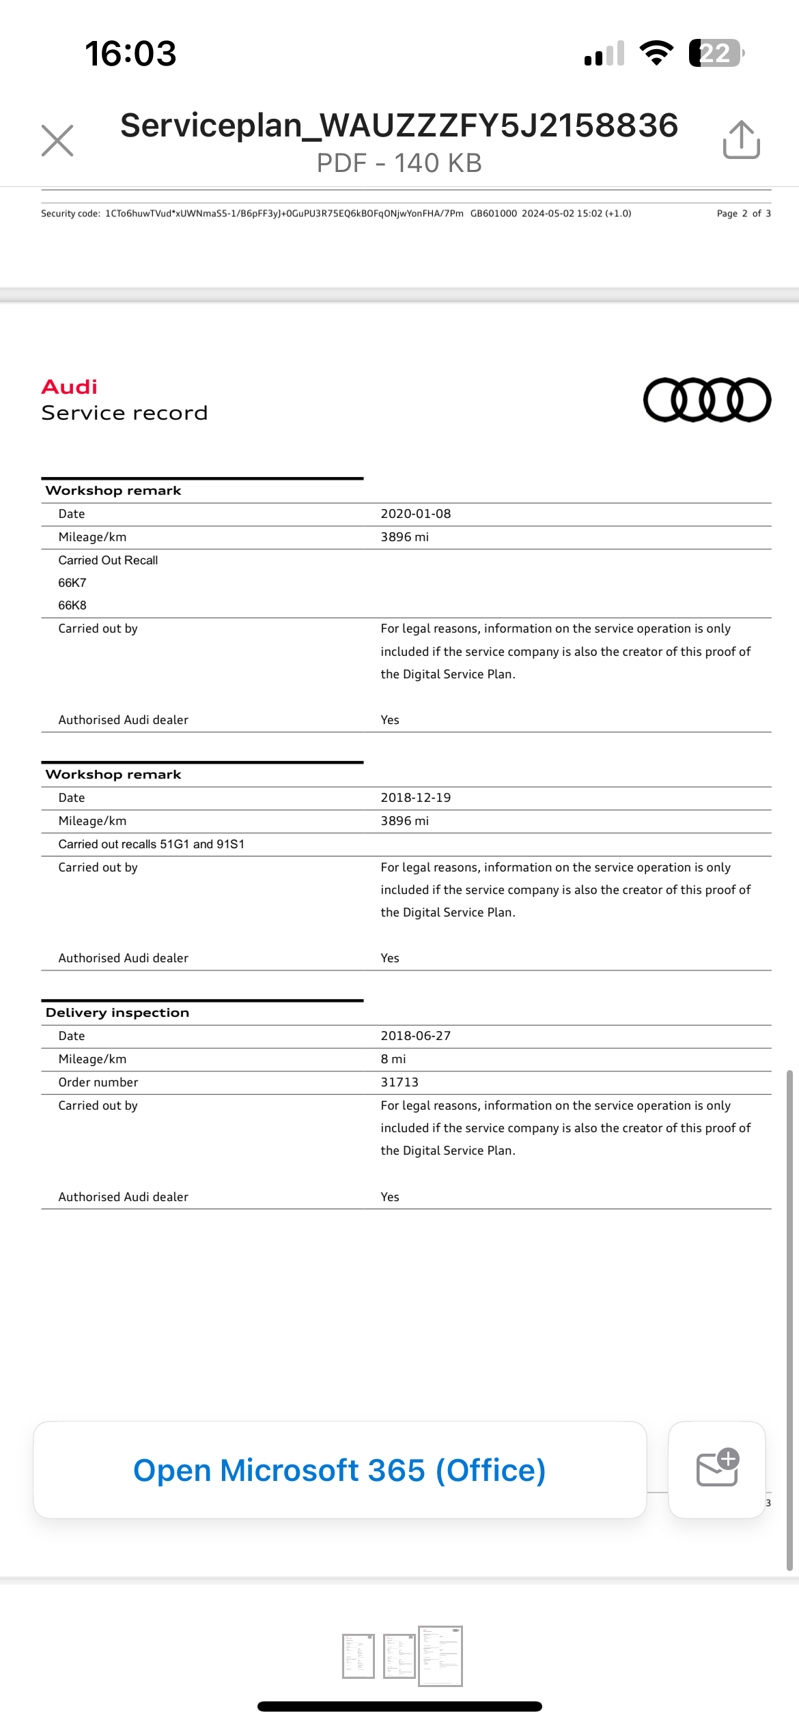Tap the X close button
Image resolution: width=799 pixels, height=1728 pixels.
click(x=57, y=141)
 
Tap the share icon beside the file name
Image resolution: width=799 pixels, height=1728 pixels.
click(x=741, y=140)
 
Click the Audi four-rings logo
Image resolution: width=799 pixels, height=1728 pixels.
click(x=707, y=400)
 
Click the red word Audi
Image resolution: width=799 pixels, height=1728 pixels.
click(x=70, y=387)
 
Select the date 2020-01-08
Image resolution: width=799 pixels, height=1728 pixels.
click(x=415, y=514)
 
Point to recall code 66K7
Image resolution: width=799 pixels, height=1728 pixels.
click(x=72, y=583)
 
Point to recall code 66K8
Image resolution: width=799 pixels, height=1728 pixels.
click(x=72, y=605)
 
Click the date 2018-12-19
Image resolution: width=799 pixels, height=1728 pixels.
click(x=415, y=798)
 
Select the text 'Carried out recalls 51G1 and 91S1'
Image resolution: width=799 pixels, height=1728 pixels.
click(x=152, y=844)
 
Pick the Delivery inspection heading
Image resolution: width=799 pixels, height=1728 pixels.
click(x=117, y=1013)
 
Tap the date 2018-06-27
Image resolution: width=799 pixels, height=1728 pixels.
click(x=415, y=1036)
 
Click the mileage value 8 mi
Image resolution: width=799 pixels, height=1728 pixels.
click(x=393, y=1059)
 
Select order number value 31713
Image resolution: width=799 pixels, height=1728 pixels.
click(x=399, y=1082)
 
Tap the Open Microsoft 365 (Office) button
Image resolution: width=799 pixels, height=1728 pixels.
click(x=339, y=1470)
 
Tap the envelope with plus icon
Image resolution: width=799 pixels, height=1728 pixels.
click(x=717, y=1469)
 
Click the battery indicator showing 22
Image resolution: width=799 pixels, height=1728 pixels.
click(x=716, y=53)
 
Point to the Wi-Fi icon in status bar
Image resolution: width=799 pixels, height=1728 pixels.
click(x=656, y=53)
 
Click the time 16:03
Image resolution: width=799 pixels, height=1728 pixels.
click(x=130, y=53)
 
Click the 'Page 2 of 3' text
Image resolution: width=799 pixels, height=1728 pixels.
click(x=744, y=214)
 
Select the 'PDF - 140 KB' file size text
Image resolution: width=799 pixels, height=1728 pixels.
click(x=399, y=163)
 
